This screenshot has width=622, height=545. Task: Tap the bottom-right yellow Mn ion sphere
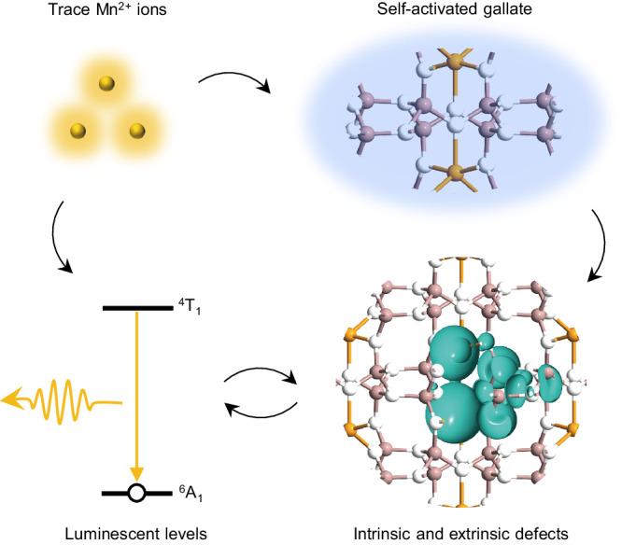click(136, 129)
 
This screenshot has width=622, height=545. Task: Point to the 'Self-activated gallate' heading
click(452, 13)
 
